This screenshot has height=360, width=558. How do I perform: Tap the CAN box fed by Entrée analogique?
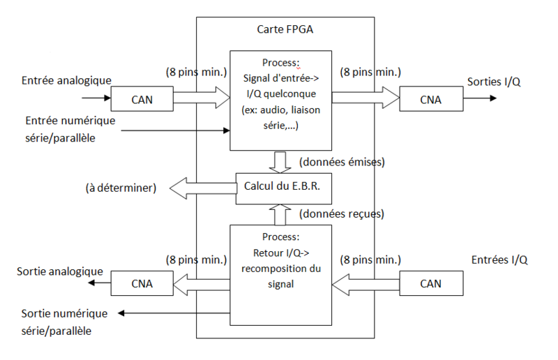pyautogui.click(x=142, y=99)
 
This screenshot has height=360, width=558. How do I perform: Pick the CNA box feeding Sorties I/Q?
pyautogui.click(x=430, y=99)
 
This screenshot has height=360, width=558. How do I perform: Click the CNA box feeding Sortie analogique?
pyautogui.click(x=142, y=283)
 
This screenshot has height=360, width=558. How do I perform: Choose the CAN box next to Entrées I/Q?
pyautogui.click(x=430, y=283)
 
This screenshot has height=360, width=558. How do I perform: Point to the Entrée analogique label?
pyautogui.click(x=67, y=80)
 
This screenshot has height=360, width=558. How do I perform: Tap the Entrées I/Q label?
pyautogui.click(x=499, y=260)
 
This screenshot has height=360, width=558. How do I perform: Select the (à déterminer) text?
pyautogui.click(x=121, y=188)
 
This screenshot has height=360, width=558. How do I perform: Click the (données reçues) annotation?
pyautogui.click(x=341, y=213)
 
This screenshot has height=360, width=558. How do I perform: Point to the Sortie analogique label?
pyautogui.click(x=60, y=271)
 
